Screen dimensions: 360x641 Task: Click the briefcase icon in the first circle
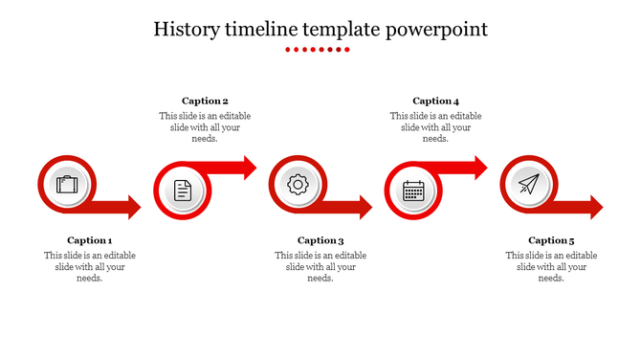tap(67, 184)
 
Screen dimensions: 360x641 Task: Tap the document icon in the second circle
tap(183, 191)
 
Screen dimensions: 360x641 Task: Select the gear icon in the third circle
tap(298, 184)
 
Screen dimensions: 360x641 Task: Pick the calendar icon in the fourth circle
tap(413, 191)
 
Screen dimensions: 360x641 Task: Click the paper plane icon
tap(529, 184)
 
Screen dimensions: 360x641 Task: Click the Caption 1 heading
tap(90, 240)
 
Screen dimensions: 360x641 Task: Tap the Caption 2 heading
tap(205, 101)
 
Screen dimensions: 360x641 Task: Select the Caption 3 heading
tap(320, 240)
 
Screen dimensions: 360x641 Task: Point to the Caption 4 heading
tap(435, 101)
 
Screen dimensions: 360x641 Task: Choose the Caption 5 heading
tap(551, 240)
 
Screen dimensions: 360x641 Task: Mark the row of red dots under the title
tap(320, 49)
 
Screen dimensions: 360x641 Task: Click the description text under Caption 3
tap(320, 267)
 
